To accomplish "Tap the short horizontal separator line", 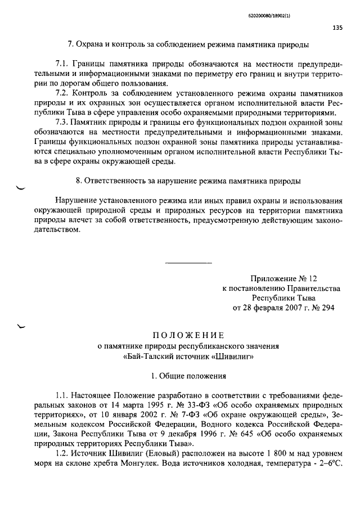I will click(189, 263).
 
